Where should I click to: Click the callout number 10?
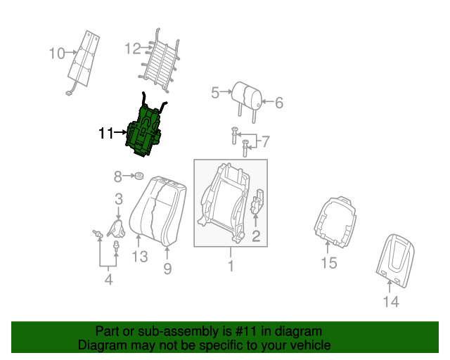pos(57,53)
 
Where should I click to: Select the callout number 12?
pos(133,49)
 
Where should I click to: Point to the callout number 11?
pos(106,132)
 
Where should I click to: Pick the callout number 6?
pos(278,103)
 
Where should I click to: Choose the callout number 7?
pos(265,142)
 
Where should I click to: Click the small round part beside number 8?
pos(139,176)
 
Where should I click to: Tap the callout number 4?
pos(108,281)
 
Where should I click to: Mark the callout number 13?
pos(140,257)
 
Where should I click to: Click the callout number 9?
pos(167,268)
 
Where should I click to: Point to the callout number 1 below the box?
pos(230,266)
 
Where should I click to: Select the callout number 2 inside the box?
pos(256,236)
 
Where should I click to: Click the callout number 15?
pos(329,264)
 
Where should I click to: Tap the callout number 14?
pos(391,302)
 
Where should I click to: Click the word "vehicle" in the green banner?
pos(307,345)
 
